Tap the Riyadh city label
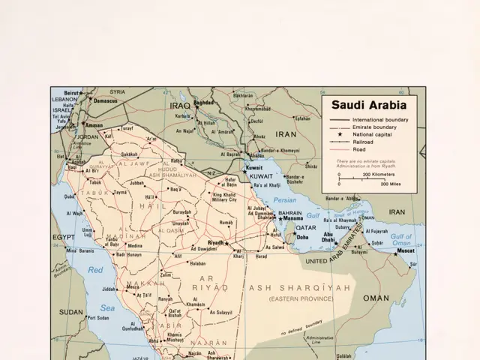point(215,243)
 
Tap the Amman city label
point(94,126)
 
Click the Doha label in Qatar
point(302,237)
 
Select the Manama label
point(292,218)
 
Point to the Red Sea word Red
point(95,269)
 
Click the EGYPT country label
point(64,237)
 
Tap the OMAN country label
point(376,298)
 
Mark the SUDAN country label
point(71,311)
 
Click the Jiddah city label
point(109,288)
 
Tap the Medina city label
point(135,245)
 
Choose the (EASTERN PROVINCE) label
point(300,298)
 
